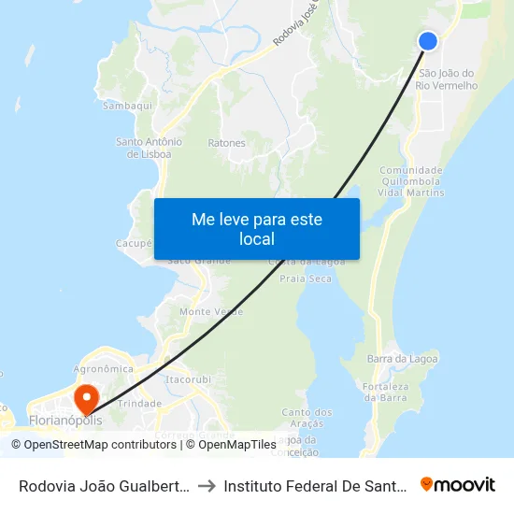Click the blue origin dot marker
click(x=428, y=41)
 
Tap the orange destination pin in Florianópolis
click(x=86, y=399)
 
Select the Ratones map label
click(x=227, y=143)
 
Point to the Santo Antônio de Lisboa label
click(x=149, y=148)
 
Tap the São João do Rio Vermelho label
click(x=449, y=79)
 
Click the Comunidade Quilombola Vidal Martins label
click(x=411, y=180)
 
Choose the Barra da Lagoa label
click(x=403, y=359)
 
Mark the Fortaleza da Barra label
click(x=384, y=392)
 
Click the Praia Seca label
click(x=307, y=278)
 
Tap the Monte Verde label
click(x=205, y=311)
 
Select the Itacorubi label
click(x=184, y=380)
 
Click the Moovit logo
click(x=457, y=484)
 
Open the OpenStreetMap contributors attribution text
click(x=94, y=445)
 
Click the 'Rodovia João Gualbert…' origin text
click(x=106, y=485)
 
